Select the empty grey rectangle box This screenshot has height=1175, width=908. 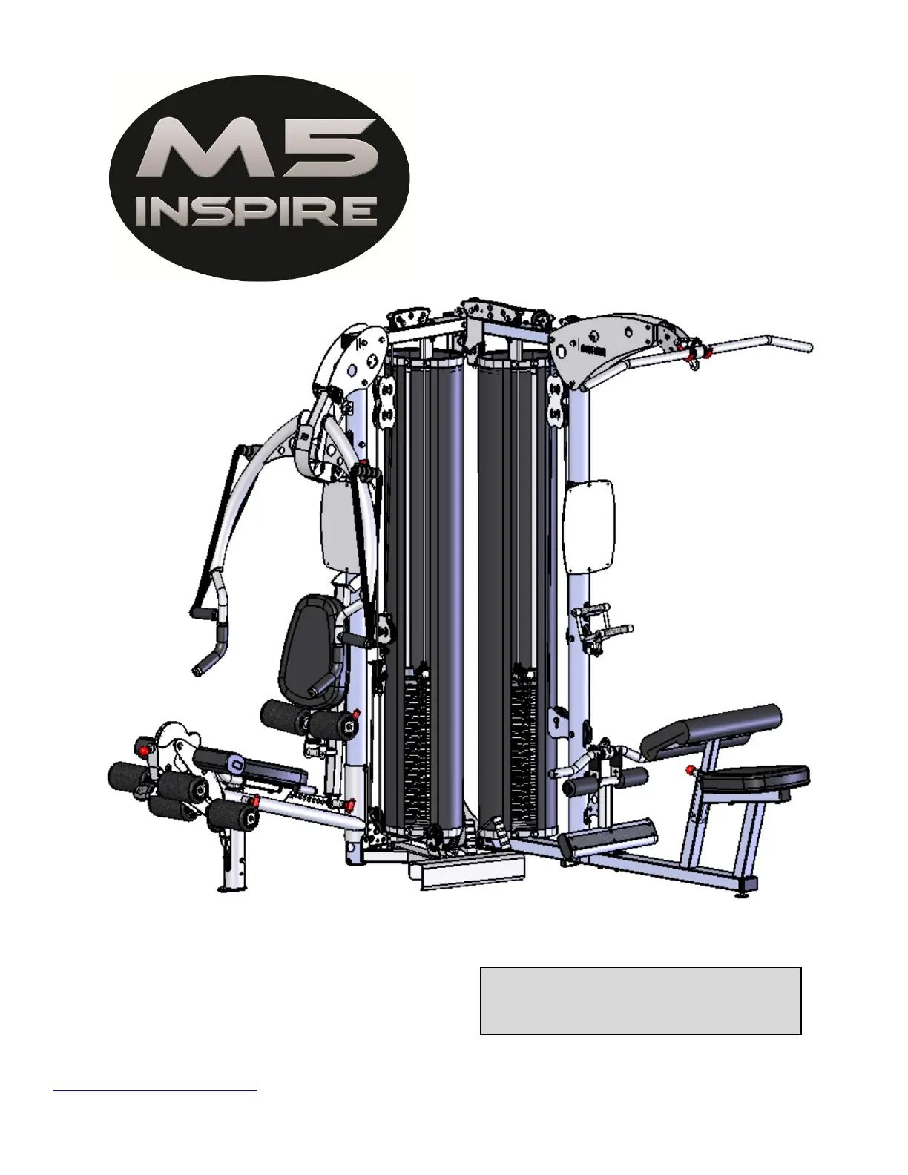pos(640,1001)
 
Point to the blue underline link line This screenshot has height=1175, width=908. pos(155,1091)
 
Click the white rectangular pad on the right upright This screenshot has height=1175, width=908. pos(589,526)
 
